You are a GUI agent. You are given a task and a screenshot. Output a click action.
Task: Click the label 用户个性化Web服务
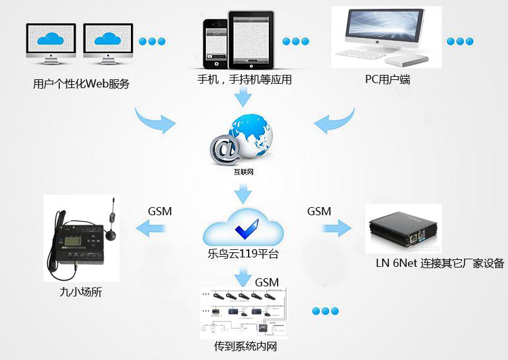coord(81,84)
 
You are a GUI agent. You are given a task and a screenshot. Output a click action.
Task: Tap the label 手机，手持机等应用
coord(244,80)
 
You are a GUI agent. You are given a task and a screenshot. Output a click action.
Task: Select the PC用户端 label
coord(388,80)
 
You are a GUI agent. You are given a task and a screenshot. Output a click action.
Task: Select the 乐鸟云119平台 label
coord(242,255)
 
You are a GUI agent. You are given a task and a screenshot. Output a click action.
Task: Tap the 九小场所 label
coord(81,292)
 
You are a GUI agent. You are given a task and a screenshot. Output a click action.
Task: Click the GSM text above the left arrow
coord(160,211)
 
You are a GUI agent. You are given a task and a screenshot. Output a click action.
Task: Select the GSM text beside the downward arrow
coord(266,282)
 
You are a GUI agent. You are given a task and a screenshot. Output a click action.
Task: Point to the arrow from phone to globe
coord(242,98)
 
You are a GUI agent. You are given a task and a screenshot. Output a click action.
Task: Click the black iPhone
coord(214,43)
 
